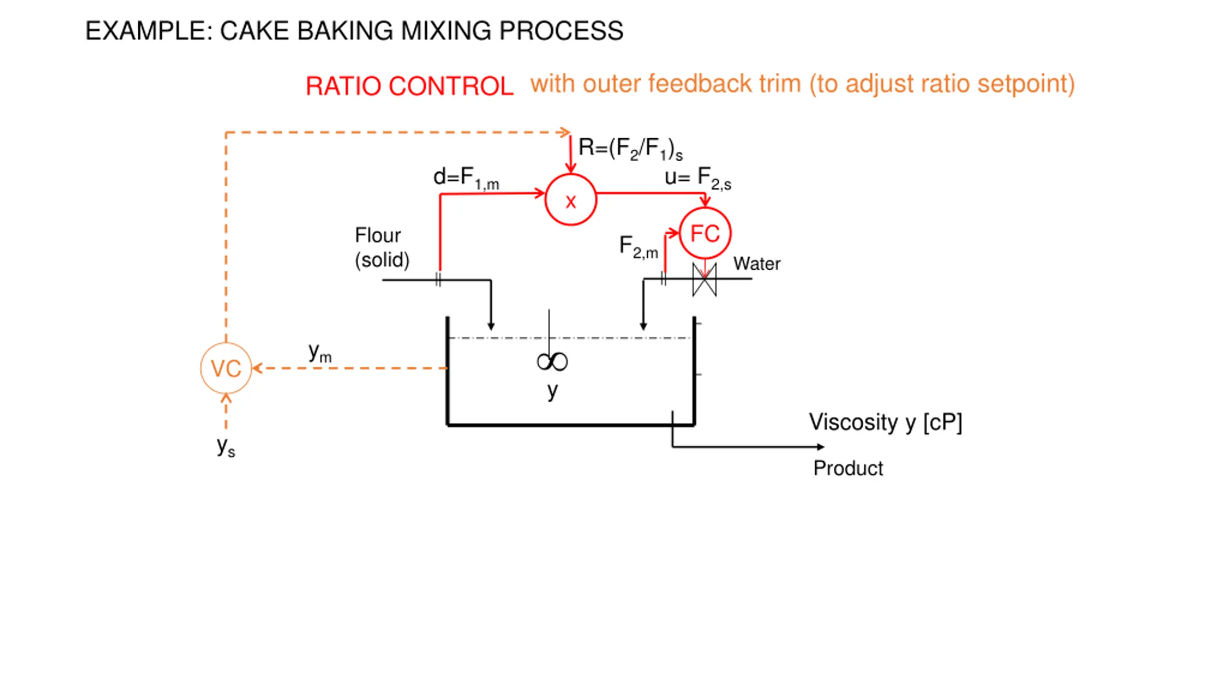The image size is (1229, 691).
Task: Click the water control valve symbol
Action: pos(704,279)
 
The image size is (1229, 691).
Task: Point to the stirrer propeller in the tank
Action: pos(552,361)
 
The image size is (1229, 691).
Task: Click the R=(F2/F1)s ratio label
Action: pos(630,149)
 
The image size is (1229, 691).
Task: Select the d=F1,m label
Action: pos(466,178)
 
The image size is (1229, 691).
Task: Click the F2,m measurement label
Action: pos(639,247)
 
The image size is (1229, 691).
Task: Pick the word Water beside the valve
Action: pos(757,263)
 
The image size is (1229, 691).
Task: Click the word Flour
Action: pos(378,235)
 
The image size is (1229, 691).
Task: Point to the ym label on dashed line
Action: pos(320,353)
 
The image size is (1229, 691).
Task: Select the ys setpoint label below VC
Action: pos(226,447)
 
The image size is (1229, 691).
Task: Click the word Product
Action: pos(848,468)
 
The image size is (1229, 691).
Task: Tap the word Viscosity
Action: pos(853,422)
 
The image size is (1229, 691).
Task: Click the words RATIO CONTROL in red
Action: pos(410,86)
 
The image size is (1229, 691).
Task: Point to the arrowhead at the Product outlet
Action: pos(820,447)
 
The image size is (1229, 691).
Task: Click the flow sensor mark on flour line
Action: pos(438,279)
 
